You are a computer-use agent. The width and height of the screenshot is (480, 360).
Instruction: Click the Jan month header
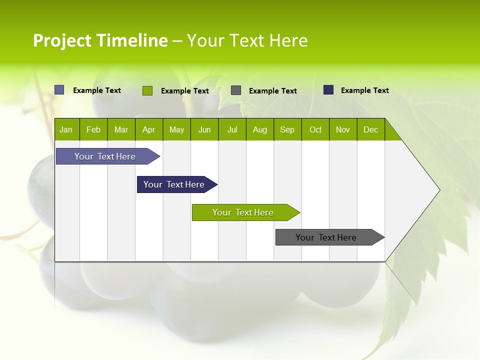pyautogui.click(x=66, y=129)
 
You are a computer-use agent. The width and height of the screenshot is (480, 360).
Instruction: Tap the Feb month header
pyautogui.click(x=93, y=129)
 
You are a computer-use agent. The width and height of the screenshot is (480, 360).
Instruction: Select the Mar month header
pyautogui.click(x=121, y=129)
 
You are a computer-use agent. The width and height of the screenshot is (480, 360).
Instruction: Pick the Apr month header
pyautogui.click(x=149, y=129)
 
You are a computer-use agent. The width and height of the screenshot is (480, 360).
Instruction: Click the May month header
pyautogui.click(x=176, y=129)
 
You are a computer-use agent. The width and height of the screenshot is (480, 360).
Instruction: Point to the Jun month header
pyautogui.click(x=204, y=129)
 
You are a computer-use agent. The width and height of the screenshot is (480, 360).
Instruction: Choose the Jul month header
pyautogui.click(x=232, y=129)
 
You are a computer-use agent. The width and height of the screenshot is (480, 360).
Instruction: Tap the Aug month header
pyautogui.click(x=260, y=129)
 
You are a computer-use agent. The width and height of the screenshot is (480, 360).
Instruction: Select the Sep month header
pyautogui.click(x=287, y=129)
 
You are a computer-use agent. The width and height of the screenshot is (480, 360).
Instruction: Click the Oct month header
pyautogui.click(x=315, y=129)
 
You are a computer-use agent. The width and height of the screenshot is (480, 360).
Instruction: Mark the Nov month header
pyautogui.click(x=343, y=129)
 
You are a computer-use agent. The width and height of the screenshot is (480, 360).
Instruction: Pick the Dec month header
pyautogui.click(x=371, y=129)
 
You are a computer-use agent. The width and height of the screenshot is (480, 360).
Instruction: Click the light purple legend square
pyautogui.click(x=59, y=90)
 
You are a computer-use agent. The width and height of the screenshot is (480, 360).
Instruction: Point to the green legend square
pyautogui.click(x=147, y=90)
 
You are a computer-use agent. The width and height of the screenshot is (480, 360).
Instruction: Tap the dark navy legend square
pyautogui.click(x=328, y=90)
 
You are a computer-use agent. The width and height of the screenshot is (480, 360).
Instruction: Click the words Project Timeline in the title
pyautogui.click(x=100, y=40)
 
